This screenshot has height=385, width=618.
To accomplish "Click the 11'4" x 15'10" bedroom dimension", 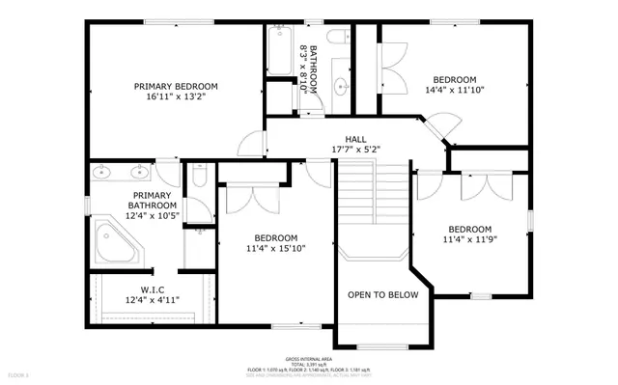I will [x=275, y=248].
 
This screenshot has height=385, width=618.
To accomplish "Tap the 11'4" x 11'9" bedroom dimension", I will [x=468, y=239].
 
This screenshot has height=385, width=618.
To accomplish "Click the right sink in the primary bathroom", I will [x=133, y=174].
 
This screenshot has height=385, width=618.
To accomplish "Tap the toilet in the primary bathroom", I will [x=198, y=178].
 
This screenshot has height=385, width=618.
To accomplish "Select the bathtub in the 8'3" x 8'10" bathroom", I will [x=278, y=51].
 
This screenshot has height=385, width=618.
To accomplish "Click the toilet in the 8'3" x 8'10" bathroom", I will [x=337, y=38].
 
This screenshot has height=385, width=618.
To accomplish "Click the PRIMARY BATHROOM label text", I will [x=154, y=200].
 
